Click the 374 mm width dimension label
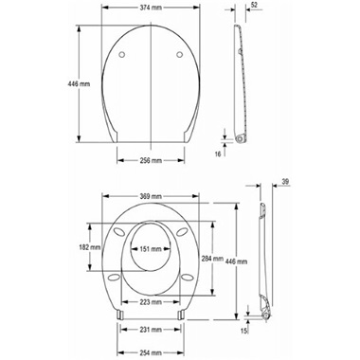click(x=151, y=8)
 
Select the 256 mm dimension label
click(x=151, y=160)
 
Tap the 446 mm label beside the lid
click(x=79, y=84)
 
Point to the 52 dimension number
click(x=254, y=5)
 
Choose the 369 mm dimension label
click(x=151, y=196)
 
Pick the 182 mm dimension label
click(x=90, y=247)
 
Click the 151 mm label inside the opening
click(x=151, y=249)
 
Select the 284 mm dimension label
click(x=212, y=259)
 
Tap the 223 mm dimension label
click(x=151, y=302)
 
